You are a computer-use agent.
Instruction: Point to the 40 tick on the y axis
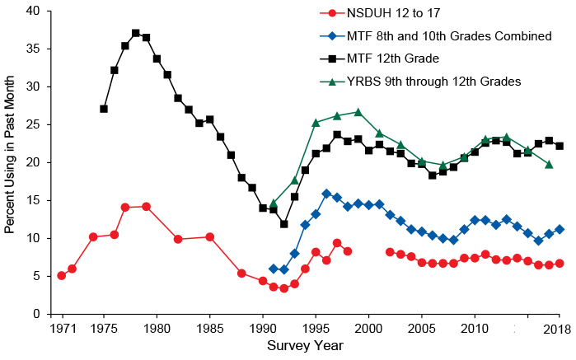pos(33,11)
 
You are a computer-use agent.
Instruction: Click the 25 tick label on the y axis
pos(33,124)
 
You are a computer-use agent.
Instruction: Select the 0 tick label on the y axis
pos(36,314)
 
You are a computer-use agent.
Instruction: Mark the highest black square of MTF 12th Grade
pos(135,33)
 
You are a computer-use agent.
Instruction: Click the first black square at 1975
pos(104,109)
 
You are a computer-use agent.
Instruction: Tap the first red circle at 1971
pos(61,275)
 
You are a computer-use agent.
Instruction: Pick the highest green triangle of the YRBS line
pos(358,112)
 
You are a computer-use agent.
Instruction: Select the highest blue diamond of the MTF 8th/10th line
pos(326,194)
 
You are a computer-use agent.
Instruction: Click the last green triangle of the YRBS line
pos(549,165)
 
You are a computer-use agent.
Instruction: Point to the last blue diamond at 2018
pos(560,229)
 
